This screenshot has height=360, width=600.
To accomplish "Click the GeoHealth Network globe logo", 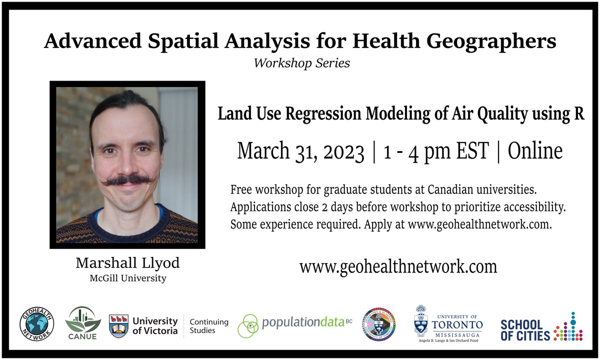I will click(x=37, y=324).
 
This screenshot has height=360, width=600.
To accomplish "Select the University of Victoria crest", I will click(x=119, y=326).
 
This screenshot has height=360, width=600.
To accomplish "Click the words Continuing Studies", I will click(x=209, y=326).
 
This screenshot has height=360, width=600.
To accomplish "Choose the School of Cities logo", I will click(x=541, y=328).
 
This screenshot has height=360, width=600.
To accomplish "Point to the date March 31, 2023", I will click(x=300, y=151).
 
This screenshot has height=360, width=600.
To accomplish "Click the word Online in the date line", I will click(x=535, y=151).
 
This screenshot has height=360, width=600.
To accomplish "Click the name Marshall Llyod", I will click(x=127, y=263).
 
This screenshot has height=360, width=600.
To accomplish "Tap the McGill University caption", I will click(x=127, y=278).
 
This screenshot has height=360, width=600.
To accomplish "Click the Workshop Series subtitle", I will click(x=301, y=63).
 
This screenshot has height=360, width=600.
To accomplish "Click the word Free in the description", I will click(x=241, y=191).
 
